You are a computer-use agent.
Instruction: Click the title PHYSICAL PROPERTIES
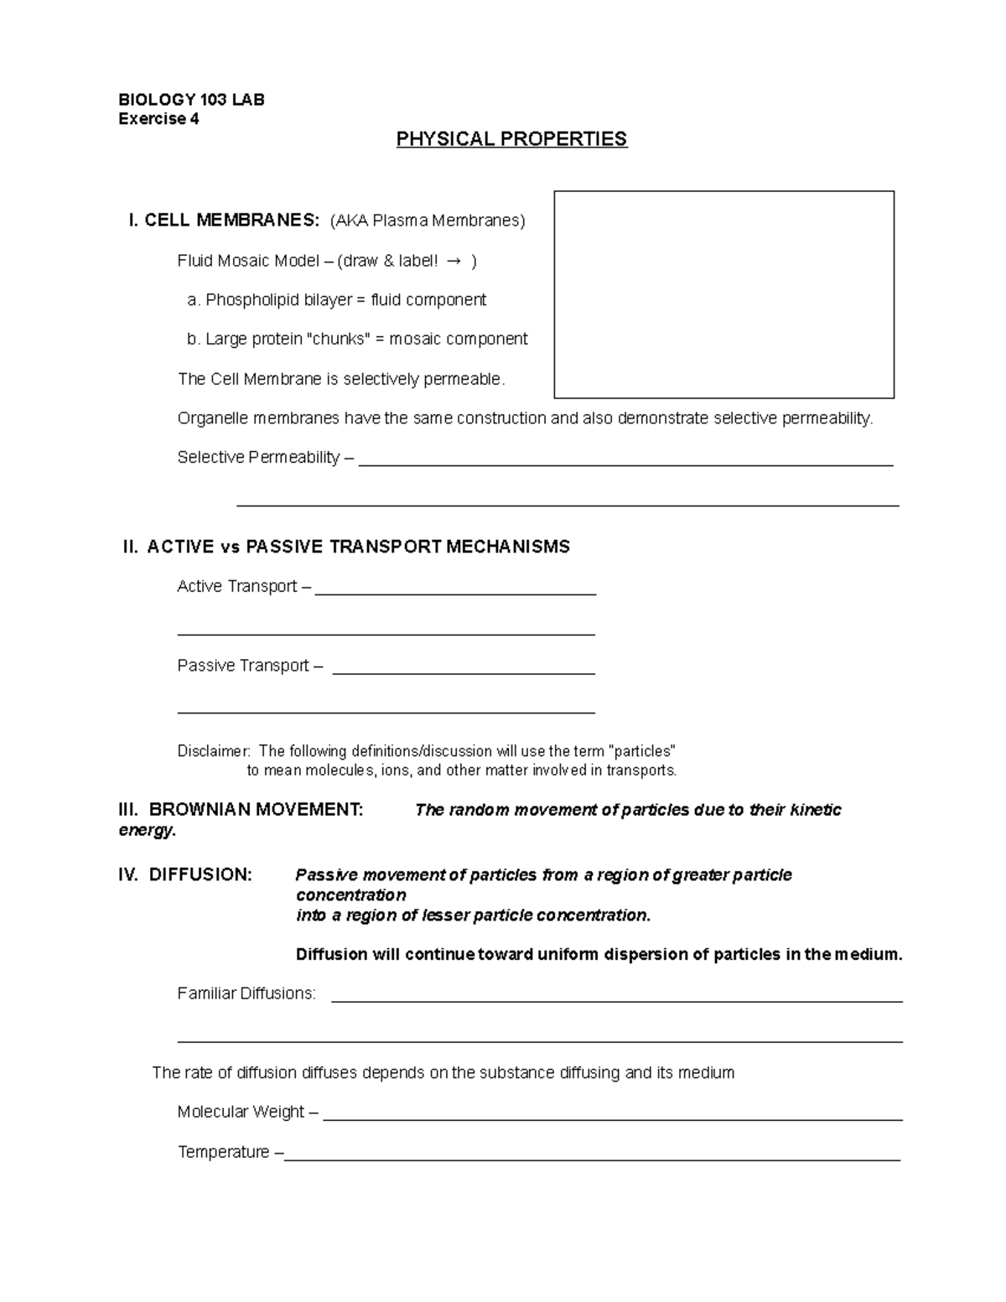click(x=511, y=139)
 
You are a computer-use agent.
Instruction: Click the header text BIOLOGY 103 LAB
click(x=191, y=100)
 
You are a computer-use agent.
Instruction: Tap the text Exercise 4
click(x=158, y=119)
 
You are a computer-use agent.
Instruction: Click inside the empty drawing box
click(x=723, y=294)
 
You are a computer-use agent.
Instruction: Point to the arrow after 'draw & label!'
click(x=454, y=262)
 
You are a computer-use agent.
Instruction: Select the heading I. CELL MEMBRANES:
click(x=223, y=220)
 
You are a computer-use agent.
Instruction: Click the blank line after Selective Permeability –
click(x=625, y=462)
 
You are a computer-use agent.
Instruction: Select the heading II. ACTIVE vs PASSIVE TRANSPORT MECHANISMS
click(x=346, y=547)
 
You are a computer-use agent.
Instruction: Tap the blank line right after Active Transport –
click(x=454, y=591)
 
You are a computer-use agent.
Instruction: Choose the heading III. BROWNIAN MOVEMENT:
click(x=241, y=810)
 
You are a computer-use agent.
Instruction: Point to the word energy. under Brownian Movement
click(x=148, y=830)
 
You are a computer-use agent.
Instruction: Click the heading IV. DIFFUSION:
click(x=185, y=875)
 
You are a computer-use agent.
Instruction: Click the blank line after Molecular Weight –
click(x=612, y=1117)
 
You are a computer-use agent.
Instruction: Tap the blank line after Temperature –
click(x=592, y=1157)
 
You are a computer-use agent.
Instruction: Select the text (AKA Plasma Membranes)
click(x=428, y=220)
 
